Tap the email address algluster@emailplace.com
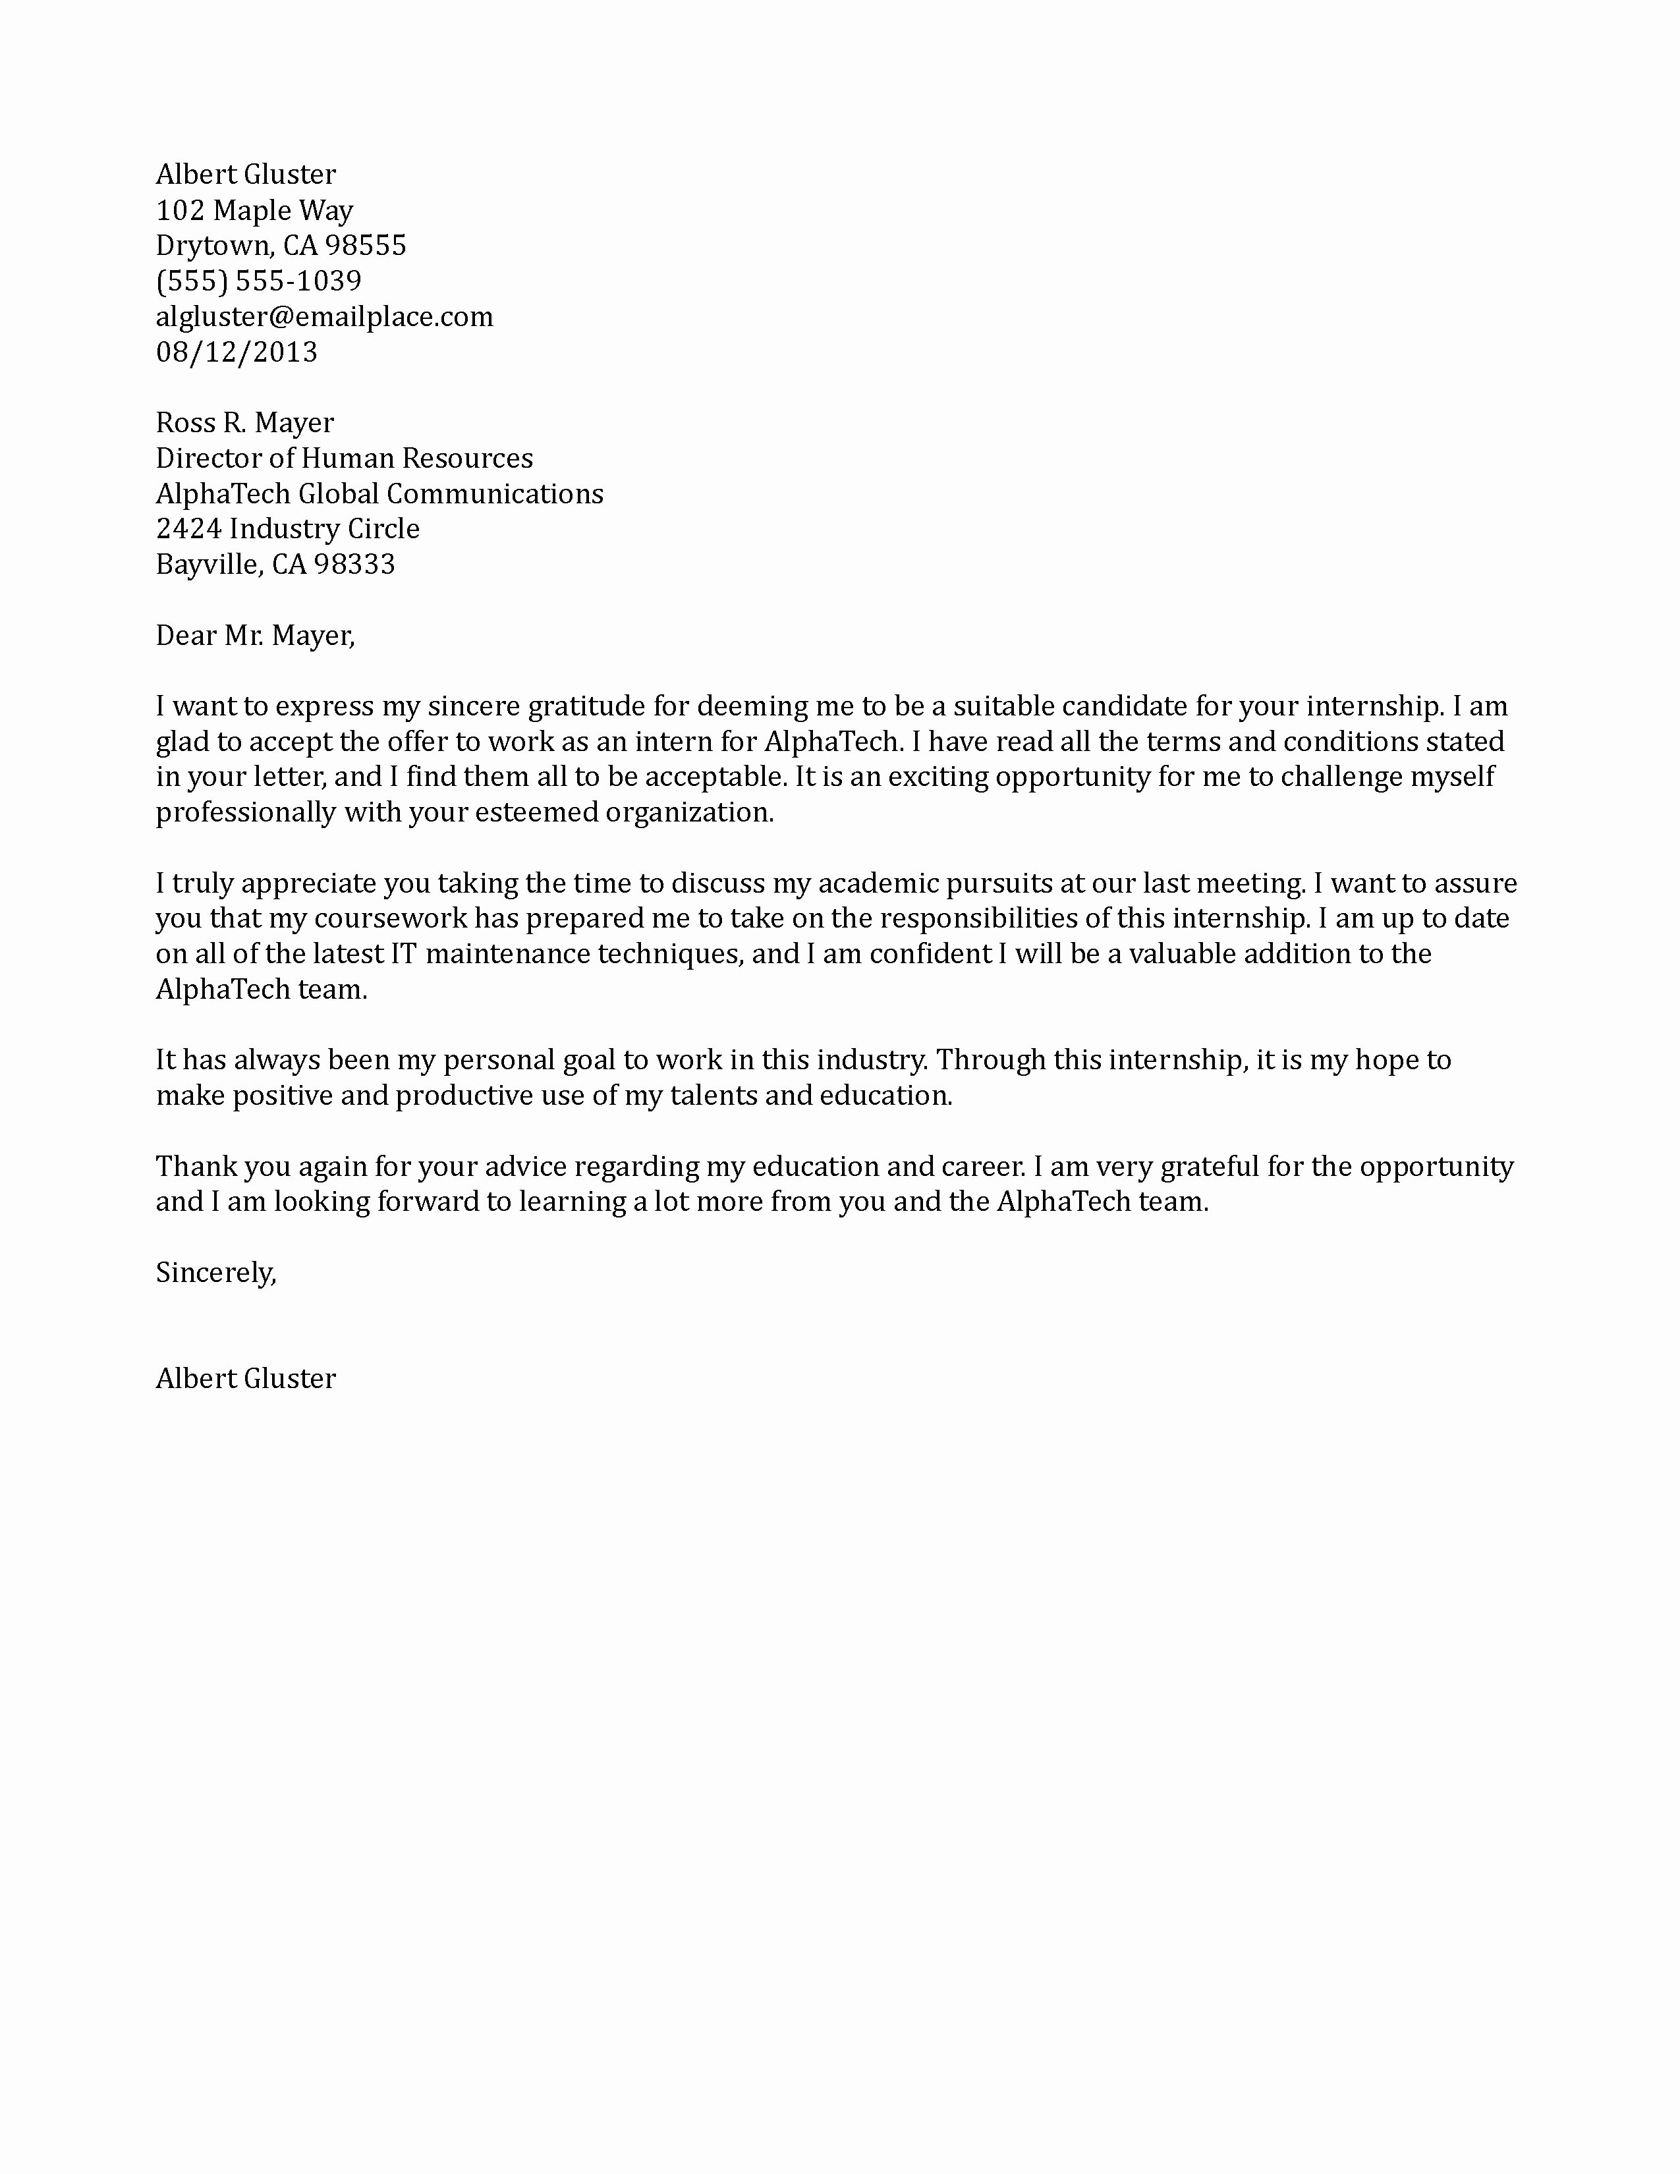point(323,316)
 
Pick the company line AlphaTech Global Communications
point(379,493)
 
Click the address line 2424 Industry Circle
point(288,528)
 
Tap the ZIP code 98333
point(354,565)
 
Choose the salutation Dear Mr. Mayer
point(255,635)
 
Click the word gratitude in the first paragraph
point(586,707)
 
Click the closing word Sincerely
point(215,1272)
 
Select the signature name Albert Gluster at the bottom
point(246,1379)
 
